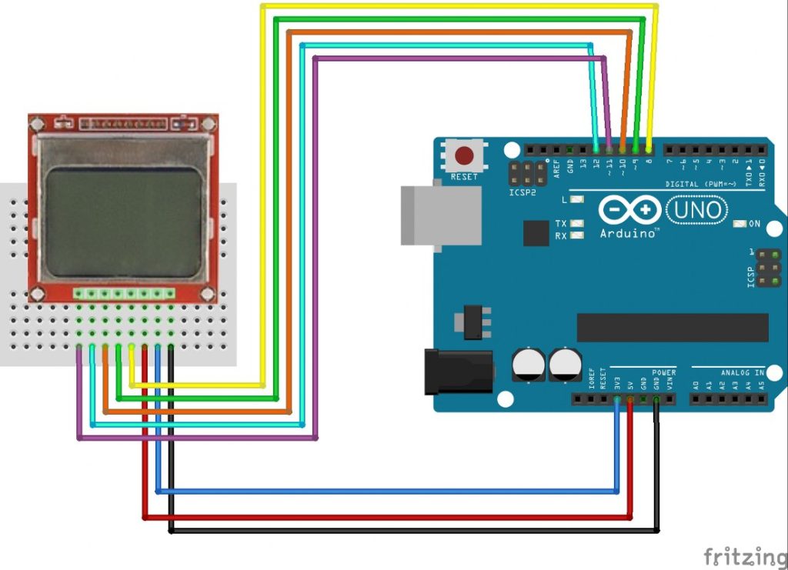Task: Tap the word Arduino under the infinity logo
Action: pyautogui.click(x=628, y=232)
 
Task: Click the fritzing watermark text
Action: pyautogui.click(x=743, y=555)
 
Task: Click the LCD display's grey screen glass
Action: pyautogui.click(x=123, y=222)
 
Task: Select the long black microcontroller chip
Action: pyautogui.click(x=672, y=327)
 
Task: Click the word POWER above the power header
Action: pyautogui.click(x=663, y=372)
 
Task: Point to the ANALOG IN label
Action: pyautogui.click(x=742, y=372)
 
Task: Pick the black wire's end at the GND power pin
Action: pyautogui.click(x=656, y=399)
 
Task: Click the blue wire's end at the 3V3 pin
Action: pyautogui.click(x=617, y=399)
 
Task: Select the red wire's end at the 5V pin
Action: pyautogui.click(x=630, y=399)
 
